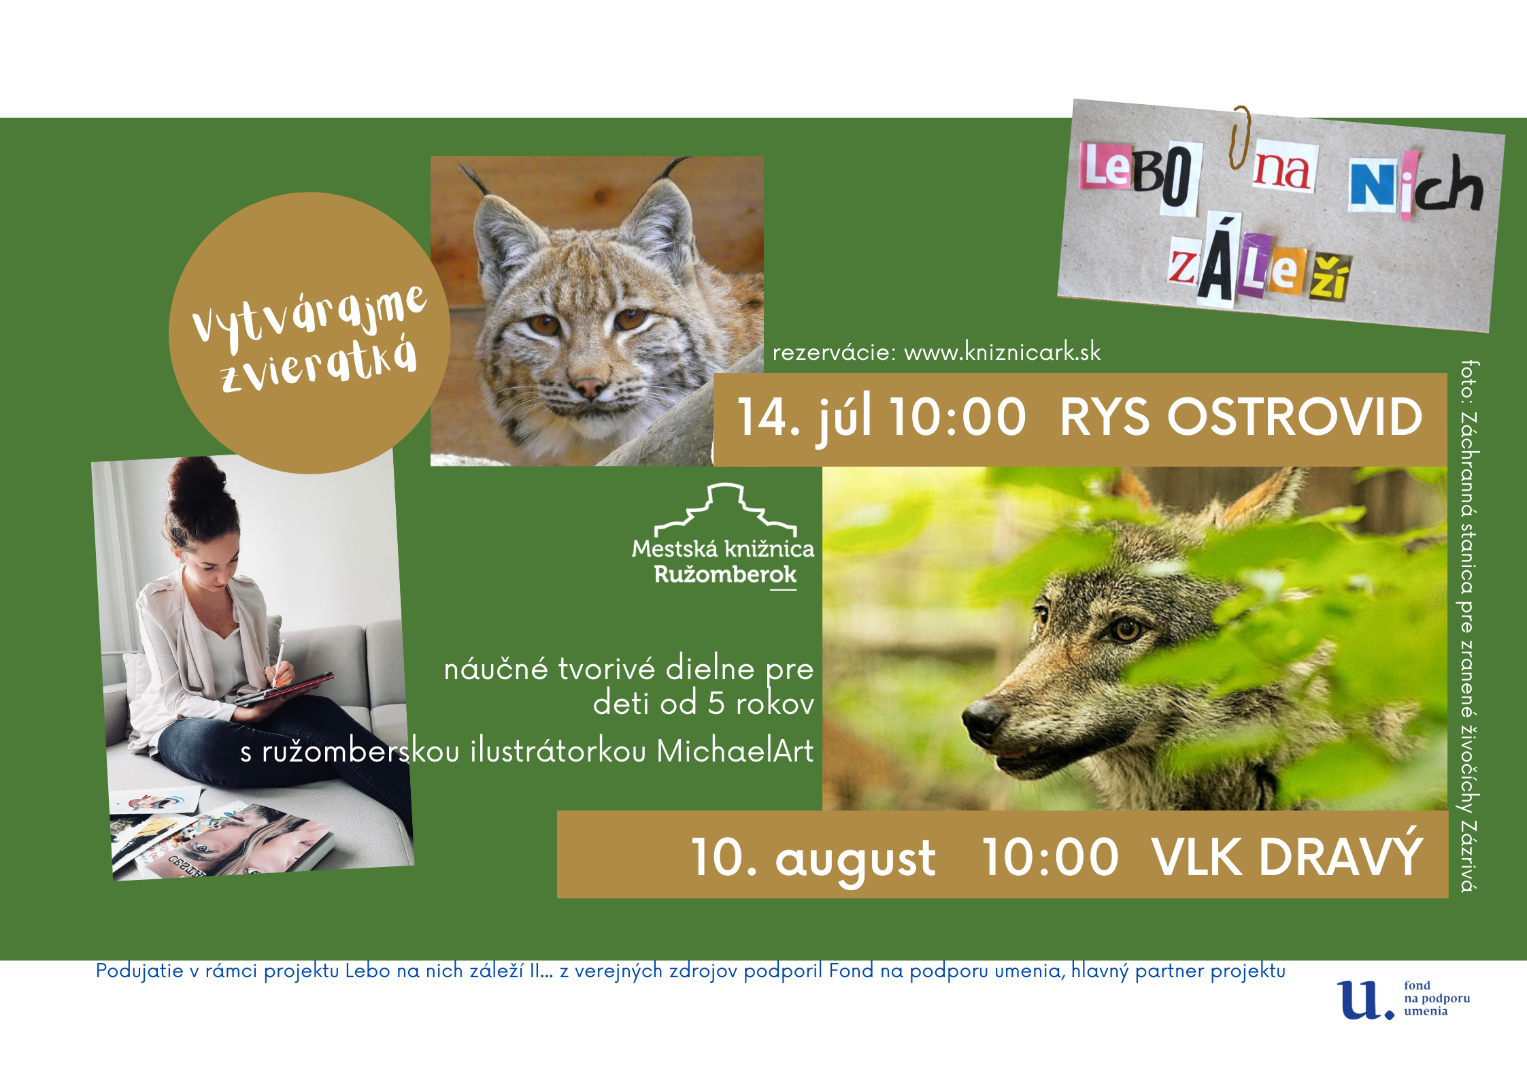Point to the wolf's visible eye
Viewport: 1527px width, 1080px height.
(x=1126, y=629)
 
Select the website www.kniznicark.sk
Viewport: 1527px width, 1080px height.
(x=1002, y=352)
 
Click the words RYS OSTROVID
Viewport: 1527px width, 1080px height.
(x=1241, y=416)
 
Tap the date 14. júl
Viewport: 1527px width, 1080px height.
(x=805, y=416)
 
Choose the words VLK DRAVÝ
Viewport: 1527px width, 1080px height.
(x=1287, y=855)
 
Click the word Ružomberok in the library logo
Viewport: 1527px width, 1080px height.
(x=725, y=575)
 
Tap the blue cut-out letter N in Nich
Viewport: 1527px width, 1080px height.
(x=1373, y=185)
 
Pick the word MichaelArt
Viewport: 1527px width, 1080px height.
(x=735, y=751)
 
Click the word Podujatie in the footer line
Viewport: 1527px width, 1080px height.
(x=139, y=971)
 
